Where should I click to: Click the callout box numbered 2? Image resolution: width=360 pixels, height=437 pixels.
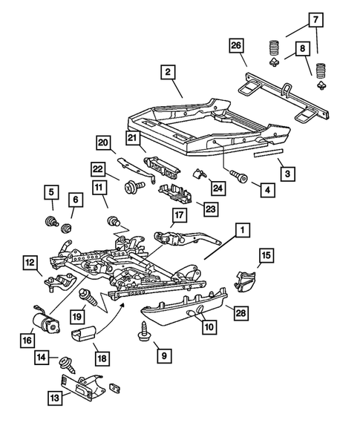168,72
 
